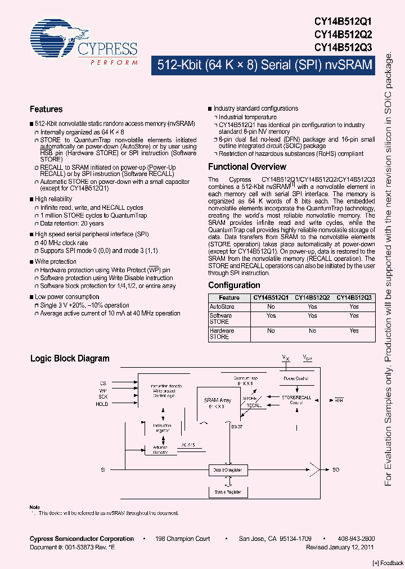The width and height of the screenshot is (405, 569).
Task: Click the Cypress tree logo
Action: click(x=53, y=37)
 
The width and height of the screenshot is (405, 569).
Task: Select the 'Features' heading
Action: click(x=46, y=109)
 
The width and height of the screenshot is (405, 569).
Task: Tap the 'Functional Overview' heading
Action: click(x=247, y=167)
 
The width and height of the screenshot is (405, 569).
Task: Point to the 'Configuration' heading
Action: click(x=234, y=285)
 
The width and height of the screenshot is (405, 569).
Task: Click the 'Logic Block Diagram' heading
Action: click(x=70, y=358)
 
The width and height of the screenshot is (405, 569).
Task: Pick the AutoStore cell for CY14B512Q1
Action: click(x=271, y=307)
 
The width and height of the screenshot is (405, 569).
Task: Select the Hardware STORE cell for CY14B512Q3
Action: click(x=354, y=331)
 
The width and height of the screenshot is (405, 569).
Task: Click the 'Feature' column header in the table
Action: click(x=229, y=298)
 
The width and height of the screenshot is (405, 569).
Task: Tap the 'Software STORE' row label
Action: click(x=220, y=319)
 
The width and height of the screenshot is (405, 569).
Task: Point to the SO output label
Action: click(x=336, y=468)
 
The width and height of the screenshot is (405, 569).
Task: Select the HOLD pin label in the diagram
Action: click(x=102, y=404)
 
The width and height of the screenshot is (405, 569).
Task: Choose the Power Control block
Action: click(x=296, y=379)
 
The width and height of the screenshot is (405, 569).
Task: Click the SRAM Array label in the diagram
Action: click(x=215, y=401)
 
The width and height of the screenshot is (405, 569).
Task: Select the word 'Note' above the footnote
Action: click(x=35, y=507)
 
